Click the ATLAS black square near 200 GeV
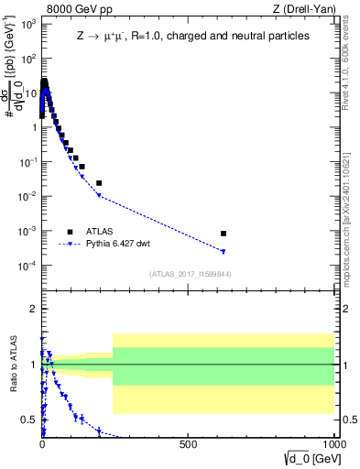pos(99,183)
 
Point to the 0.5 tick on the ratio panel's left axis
pos(30,420)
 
